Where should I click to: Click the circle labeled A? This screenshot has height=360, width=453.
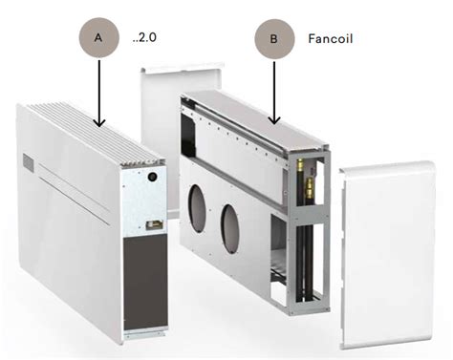(x=98, y=37)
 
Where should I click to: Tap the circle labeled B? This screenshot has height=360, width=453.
(x=274, y=39)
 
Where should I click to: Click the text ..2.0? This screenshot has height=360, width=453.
(x=144, y=37)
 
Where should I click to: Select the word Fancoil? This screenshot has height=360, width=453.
(x=331, y=39)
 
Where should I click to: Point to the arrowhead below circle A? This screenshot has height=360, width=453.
(x=99, y=122)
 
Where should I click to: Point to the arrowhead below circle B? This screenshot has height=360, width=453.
(x=274, y=119)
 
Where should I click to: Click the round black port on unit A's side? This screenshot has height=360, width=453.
(x=153, y=177)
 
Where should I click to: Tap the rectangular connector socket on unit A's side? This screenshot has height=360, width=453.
(x=155, y=225)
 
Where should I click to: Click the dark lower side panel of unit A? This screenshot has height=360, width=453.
(x=145, y=283)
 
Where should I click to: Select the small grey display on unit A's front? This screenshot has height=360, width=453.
(x=28, y=162)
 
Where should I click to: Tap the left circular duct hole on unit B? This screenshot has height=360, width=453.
(x=197, y=209)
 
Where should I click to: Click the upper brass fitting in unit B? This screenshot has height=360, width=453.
(x=300, y=164)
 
